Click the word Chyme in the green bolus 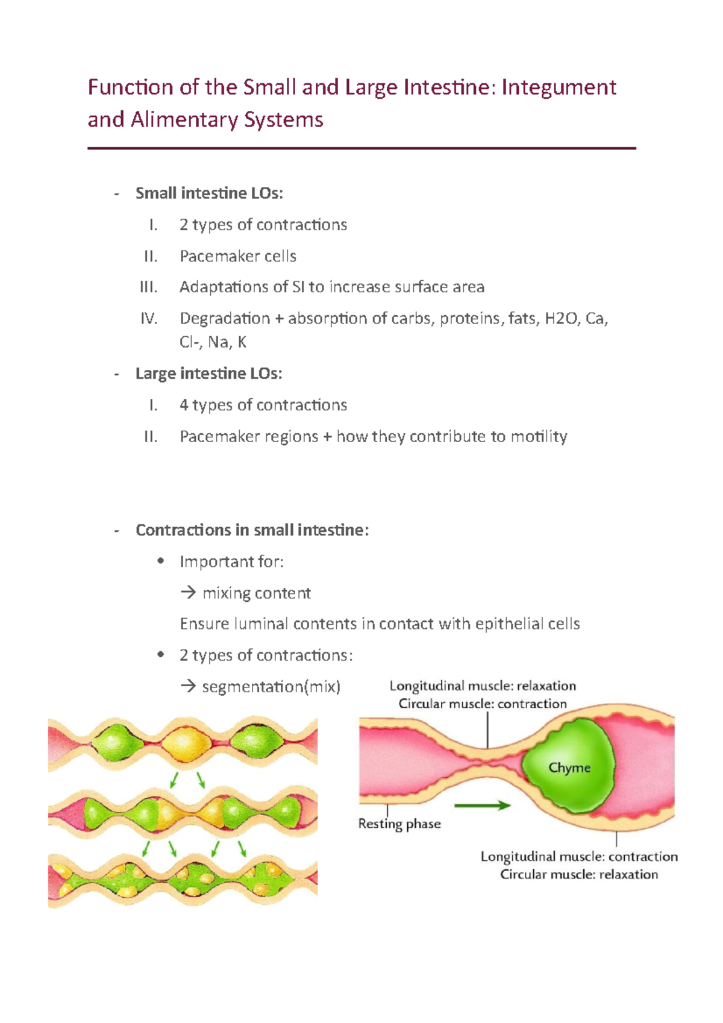click(569, 768)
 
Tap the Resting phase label click(399, 824)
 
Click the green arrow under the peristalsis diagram click(482, 805)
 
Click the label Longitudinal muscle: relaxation click(483, 686)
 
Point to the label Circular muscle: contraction click(483, 704)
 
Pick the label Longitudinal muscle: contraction click(579, 856)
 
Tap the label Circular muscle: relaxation click(579, 874)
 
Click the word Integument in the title click(559, 87)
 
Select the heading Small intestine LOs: click(209, 193)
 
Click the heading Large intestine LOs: click(208, 374)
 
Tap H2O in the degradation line click(560, 318)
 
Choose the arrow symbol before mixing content click(188, 593)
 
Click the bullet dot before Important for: click(160, 562)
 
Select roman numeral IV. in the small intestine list click(149, 318)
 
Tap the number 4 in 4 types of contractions click(184, 405)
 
